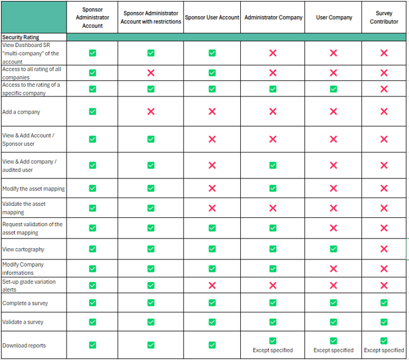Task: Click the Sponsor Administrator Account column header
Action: pyautogui.click(x=92, y=18)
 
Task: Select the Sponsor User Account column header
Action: pyautogui.click(x=212, y=18)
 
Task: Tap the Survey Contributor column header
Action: pyautogui.click(x=384, y=18)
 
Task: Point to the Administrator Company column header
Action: pyautogui.click(x=273, y=18)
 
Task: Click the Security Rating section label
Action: pyautogui.click(x=20, y=37)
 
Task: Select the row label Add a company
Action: pyautogui.click(x=21, y=112)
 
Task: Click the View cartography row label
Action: pyautogui.click(x=23, y=249)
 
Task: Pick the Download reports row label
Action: pyautogui.click(x=24, y=345)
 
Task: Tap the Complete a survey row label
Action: pyautogui.click(x=25, y=303)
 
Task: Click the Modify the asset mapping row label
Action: pyautogui.click(x=33, y=189)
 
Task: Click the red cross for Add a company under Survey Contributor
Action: pyautogui.click(x=384, y=112)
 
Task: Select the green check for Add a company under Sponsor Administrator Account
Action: pyautogui.click(x=92, y=111)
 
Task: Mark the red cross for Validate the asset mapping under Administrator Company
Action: pyautogui.click(x=273, y=208)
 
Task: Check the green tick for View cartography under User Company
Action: pyautogui.click(x=334, y=249)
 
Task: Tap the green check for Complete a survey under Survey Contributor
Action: pyautogui.click(x=384, y=303)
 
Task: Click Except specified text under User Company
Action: pyautogui.click(x=334, y=350)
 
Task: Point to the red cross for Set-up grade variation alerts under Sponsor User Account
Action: pyautogui.click(x=212, y=285)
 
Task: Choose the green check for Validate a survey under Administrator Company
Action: pyautogui.click(x=273, y=322)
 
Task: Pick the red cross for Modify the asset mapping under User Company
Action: pyautogui.click(x=334, y=189)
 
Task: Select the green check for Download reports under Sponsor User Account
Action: pyautogui.click(x=212, y=345)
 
